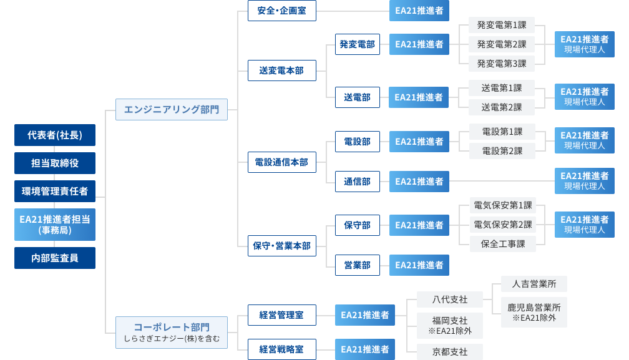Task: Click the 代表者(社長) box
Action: (55, 135)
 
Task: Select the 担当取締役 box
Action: (55, 163)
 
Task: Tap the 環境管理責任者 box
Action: (55, 191)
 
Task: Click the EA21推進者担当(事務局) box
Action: (55, 225)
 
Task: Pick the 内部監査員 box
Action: (55, 258)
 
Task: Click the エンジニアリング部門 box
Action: (172, 109)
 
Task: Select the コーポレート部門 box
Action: (172, 331)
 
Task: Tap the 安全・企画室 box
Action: (281, 11)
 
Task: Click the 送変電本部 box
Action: (281, 71)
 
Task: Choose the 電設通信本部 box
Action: (281, 162)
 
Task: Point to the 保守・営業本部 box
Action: (281, 246)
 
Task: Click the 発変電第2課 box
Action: (502, 44)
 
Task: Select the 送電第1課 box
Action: (502, 88)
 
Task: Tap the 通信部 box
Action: (357, 182)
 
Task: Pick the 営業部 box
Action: (357, 265)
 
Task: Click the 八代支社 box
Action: (449, 299)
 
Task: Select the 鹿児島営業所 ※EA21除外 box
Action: (534, 313)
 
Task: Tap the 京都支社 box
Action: (449, 351)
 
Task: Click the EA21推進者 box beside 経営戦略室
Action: (365, 349)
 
